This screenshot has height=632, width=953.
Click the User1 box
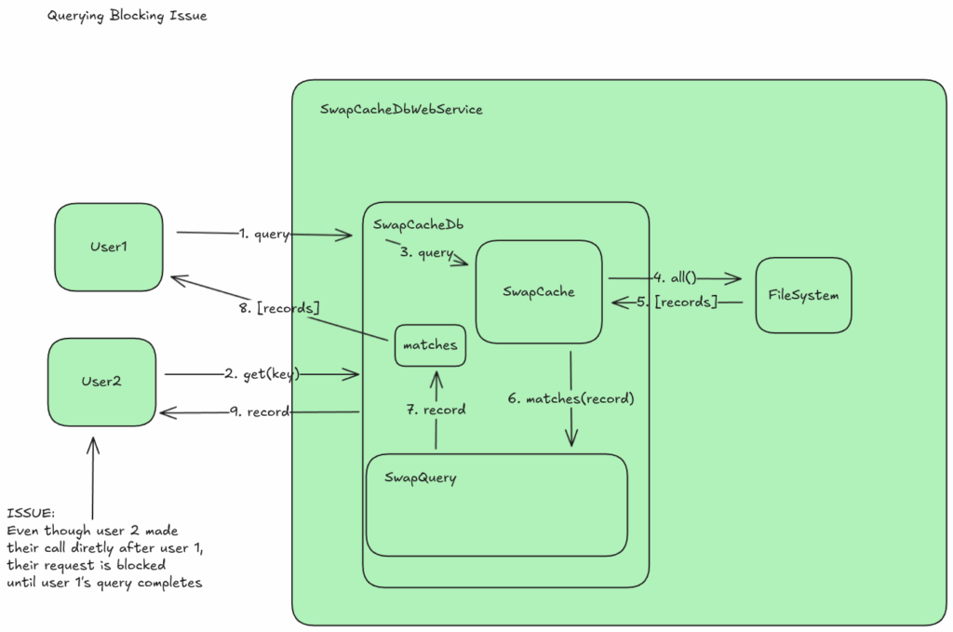pyautogui.click(x=109, y=247)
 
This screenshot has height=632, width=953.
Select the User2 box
pyautogui.click(x=101, y=382)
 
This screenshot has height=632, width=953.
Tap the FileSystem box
pyautogui.click(x=803, y=295)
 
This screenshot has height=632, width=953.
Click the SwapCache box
pyautogui.click(x=539, y=291)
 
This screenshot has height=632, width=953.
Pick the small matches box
pyautogui.click(x=430, y=345)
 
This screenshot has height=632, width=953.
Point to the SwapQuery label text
pyautogui.click(x=421, y=478)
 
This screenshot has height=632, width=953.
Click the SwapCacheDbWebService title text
pyautogui.click(x=401, y=110)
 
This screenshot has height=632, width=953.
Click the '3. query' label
pyautogui.click(x=426, y=252)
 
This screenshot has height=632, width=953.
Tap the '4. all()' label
pyautogui.click(x=676, y=277)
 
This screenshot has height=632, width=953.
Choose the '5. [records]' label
pyautogui.click(x=678, y=303)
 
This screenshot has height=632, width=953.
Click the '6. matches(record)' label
pyautogui.click(x=570, y=398)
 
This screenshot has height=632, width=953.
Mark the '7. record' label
pyautogui.click(x=436, y=410)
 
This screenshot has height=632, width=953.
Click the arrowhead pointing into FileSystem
pyautogui.click(x=735, y=278)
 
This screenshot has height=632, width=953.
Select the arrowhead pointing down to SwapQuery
pyautogui.click(x=570, y=440)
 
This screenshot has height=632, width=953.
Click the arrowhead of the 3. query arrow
pyautogui.click(x=463, y=263)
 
